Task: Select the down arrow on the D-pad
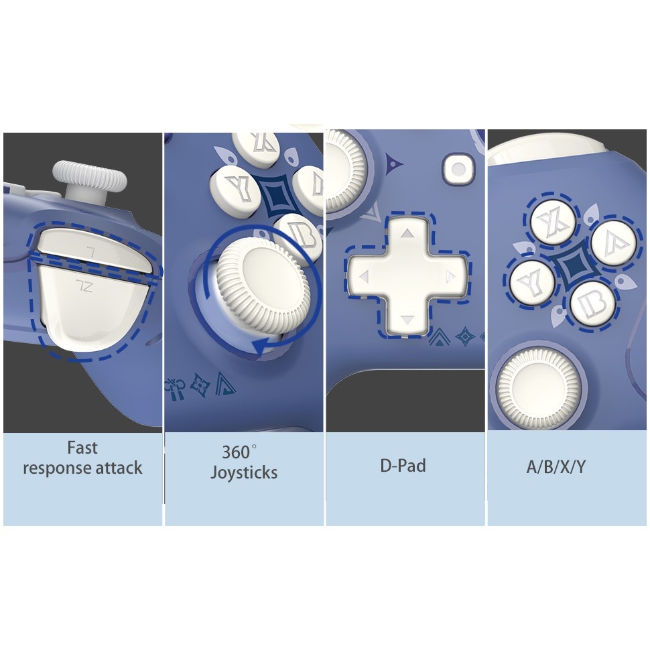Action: click(407, 319)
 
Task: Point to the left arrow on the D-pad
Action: click(365, 277)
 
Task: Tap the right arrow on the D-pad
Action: click(450, 277)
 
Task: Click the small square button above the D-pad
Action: click(458, 169)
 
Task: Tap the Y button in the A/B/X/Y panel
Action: click(532, 282)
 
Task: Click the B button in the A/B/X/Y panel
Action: click(593, 304)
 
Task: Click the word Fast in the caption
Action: click(82, 448)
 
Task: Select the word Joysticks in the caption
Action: click(244, 472)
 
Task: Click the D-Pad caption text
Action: click(403, 466)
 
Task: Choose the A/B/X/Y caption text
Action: click(556, 467)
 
